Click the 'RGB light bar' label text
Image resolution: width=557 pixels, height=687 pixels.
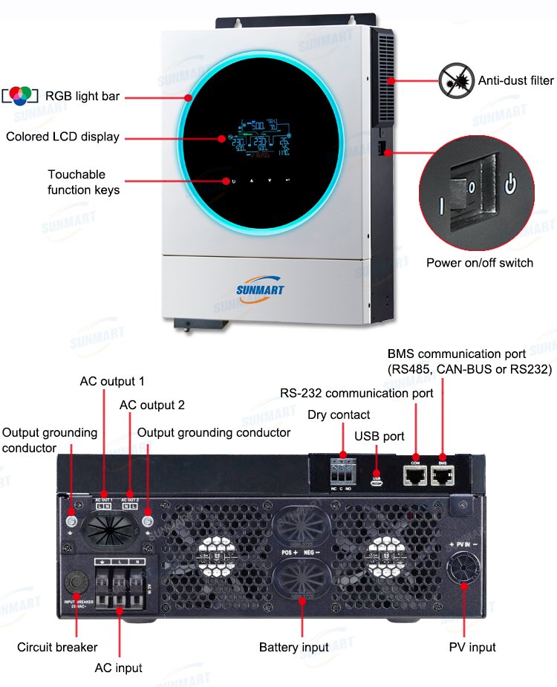(82, 96)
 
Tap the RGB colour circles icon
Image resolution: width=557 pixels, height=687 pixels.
(22, 95)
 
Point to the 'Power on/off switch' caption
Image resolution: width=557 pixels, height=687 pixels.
(480, 262)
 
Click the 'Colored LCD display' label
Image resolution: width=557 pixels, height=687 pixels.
(62, 137)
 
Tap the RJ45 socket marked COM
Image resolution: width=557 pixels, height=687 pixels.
(415, 475)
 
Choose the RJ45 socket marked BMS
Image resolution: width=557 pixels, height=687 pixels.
(443, 475)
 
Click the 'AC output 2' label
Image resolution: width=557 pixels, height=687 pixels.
(152, 406)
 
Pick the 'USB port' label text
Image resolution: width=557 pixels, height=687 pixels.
(380, 437)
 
